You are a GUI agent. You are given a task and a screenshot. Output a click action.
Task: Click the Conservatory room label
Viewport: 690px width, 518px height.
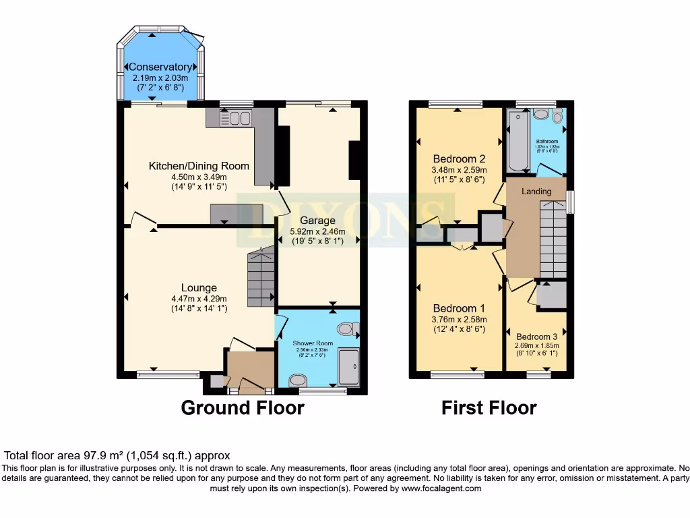point(160,67)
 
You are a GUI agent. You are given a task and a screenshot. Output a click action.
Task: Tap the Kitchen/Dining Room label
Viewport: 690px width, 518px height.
point(199,166)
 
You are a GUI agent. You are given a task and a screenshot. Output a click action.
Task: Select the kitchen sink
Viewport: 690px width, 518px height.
point(234,119)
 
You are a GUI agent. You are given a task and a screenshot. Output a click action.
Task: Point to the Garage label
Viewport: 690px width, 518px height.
point(317,221)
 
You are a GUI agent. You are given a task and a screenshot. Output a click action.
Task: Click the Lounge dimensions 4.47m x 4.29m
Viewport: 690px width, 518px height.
point(198,299)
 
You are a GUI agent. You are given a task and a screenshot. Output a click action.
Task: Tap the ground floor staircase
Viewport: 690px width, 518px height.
point(261,277)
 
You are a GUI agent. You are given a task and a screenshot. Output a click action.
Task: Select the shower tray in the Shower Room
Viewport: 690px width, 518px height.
point(349,367)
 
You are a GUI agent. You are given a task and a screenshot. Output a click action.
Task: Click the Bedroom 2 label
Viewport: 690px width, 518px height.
point(460,159)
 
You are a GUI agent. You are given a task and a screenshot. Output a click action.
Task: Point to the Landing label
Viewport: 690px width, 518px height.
point(536,191)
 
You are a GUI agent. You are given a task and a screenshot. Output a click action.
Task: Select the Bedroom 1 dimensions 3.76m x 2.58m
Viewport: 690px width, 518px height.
point(459,320)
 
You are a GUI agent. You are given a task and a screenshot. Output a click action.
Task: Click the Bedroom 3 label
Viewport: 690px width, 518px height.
point(537,337)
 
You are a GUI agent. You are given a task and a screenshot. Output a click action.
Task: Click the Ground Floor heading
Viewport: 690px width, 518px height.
point(243,408)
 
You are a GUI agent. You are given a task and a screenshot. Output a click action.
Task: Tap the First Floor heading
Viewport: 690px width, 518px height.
point(489,408)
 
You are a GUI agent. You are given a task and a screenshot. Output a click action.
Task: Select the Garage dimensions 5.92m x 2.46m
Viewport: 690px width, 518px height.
point(317,231)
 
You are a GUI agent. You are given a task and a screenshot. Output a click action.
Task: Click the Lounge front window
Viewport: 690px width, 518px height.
point(168,373)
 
